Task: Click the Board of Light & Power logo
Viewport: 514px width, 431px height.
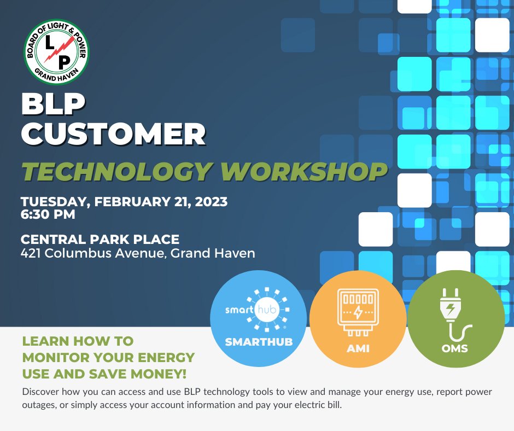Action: pos(57,53)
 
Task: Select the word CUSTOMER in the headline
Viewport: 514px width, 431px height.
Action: pos(113,135)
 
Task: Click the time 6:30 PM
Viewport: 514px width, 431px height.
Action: pos(48,215)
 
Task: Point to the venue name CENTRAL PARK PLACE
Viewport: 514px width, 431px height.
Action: pos(100,240)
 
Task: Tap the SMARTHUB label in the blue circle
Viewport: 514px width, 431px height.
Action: pos(259,342)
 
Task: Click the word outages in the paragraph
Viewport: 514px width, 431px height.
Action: pos(38,407)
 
